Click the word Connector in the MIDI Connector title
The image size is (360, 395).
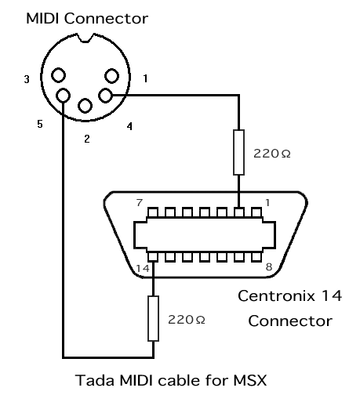pos(106,19)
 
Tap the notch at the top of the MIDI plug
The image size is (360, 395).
pos(85,38)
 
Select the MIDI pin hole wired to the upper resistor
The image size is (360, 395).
pos(105,96)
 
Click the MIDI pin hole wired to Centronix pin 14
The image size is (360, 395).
pos(64,95)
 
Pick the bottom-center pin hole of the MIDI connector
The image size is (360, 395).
pos(85,106)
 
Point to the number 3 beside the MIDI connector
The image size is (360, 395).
pos(27,79)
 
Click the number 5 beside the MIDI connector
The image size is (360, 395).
pos(40,124)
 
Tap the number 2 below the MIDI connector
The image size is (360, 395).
pos(87,139)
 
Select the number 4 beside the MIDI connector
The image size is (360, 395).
pos(129,126)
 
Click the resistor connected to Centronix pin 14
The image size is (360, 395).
pos(153,318)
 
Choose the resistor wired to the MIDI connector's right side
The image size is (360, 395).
pos(238,152)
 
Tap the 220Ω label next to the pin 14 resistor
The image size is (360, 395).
pos(187,320)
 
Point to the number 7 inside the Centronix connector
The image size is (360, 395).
pos(140,202)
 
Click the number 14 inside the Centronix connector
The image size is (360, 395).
pos(143,268)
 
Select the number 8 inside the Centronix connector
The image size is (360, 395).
pos(269,267)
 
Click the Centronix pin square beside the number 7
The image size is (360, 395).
pos(153,212)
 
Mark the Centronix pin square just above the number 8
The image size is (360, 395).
pos(256,257)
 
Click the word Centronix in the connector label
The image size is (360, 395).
pos(276,296)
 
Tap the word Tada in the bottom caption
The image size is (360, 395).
pos(95,380)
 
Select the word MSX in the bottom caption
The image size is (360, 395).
pos(250,380)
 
